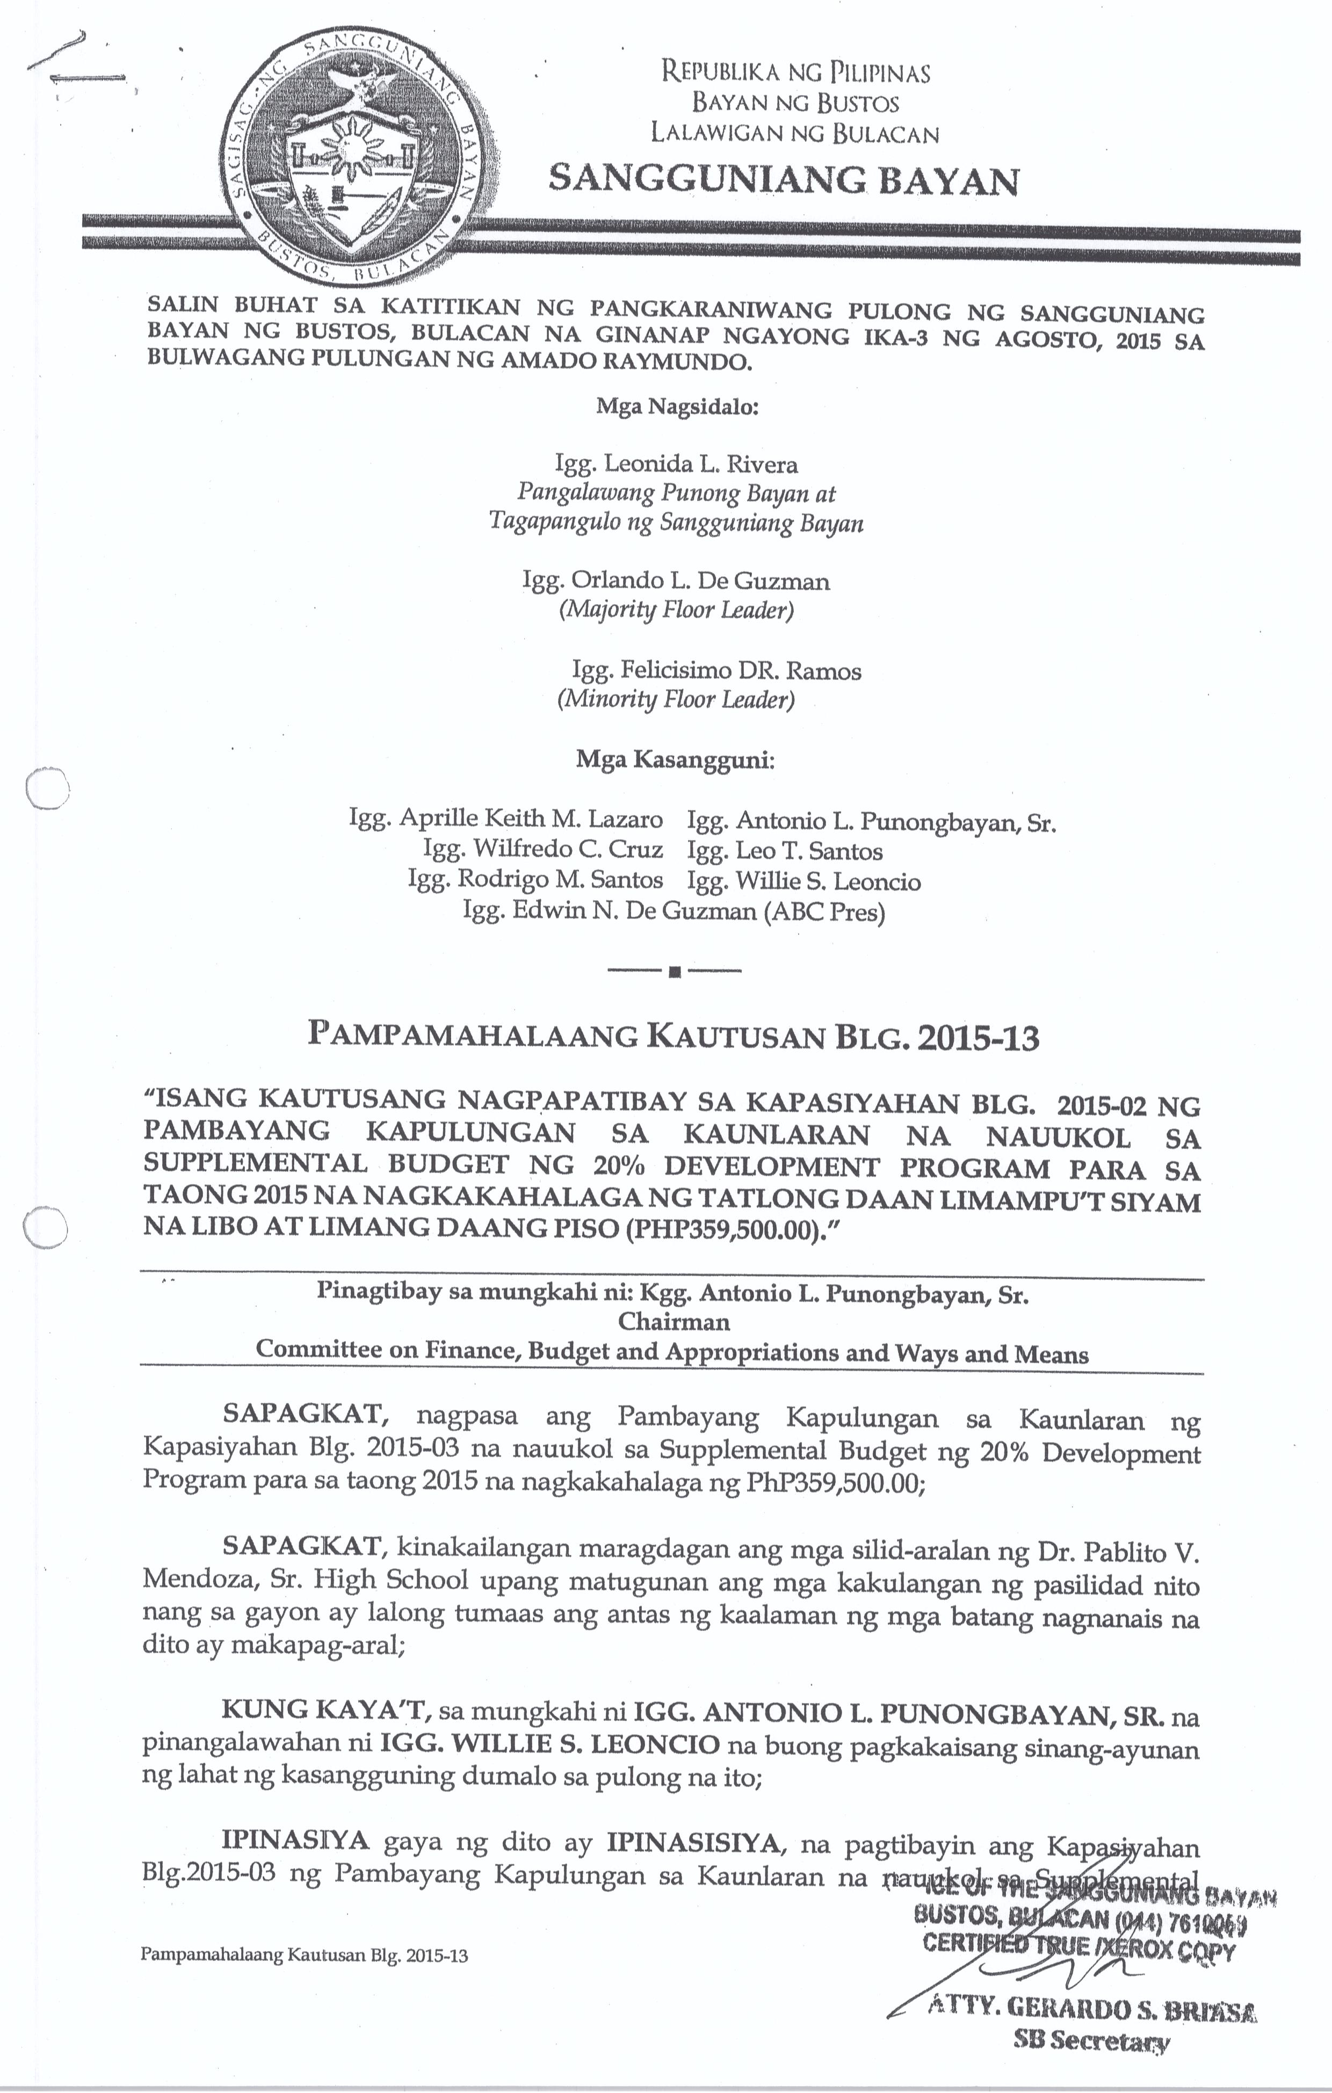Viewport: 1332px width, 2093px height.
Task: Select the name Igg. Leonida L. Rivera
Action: pyautogui.click(x=676, y=463)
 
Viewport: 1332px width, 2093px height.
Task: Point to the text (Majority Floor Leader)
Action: pyautogui.click(x=676, y=610)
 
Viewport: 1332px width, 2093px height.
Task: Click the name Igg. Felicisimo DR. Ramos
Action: pyautogui.click(x=716, y=670)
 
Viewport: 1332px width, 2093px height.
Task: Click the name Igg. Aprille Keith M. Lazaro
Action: pyautogui.click(x=505, y=819)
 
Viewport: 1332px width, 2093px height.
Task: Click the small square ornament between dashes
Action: pyautogui.click(x=674, y=972)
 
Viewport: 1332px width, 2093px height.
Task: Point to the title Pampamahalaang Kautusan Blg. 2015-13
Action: pyautogui.click(x=674, y=1037)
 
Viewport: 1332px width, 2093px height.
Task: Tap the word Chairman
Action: pyautogui.click(x=674, y=1322)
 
